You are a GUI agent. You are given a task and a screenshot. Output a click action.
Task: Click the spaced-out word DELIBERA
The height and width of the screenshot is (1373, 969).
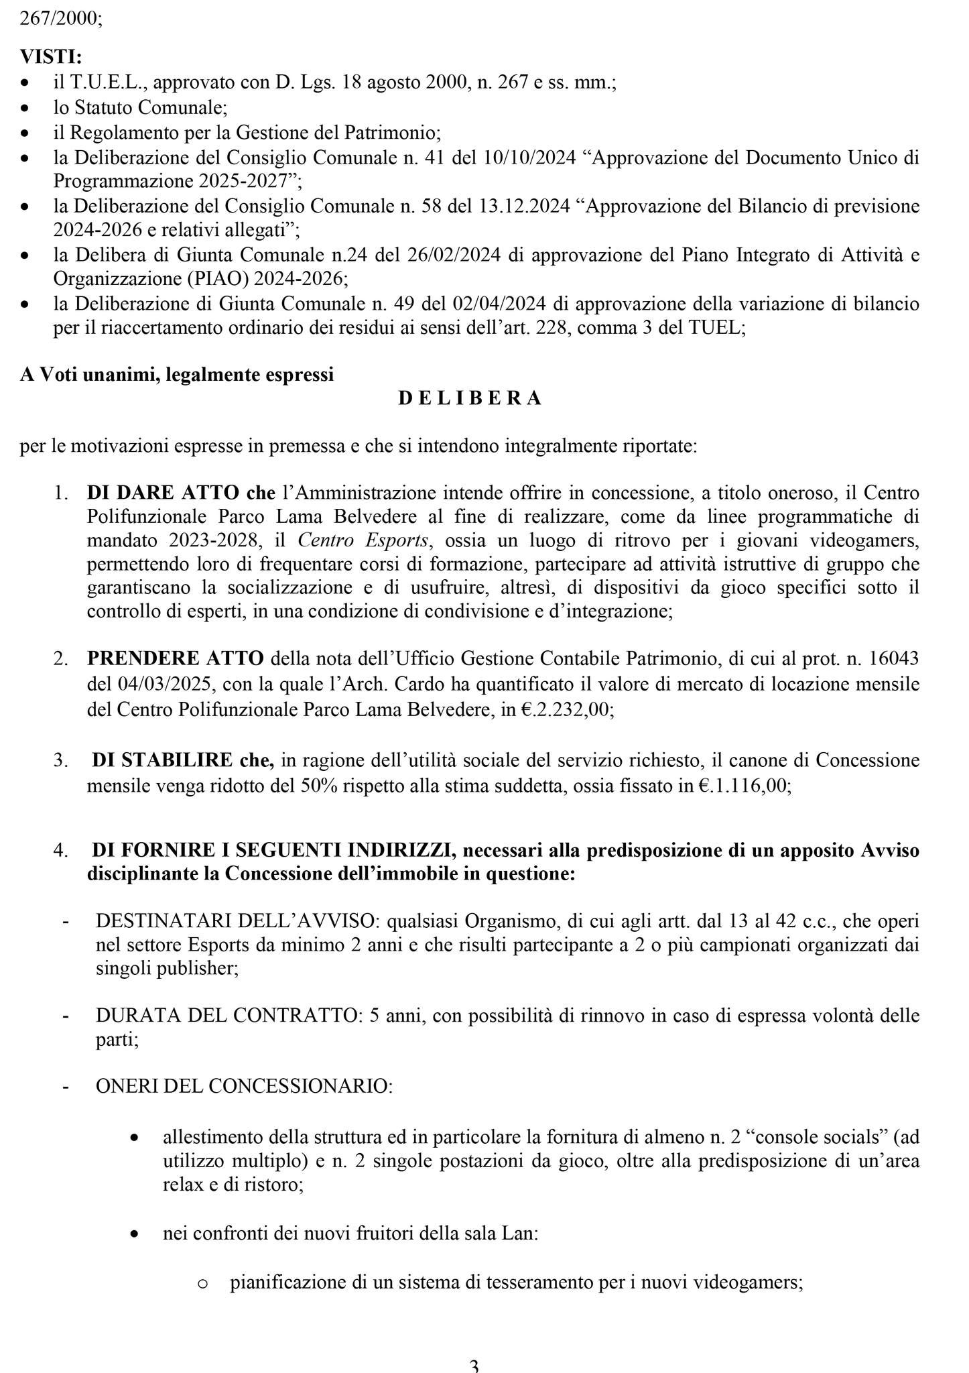(470, 398)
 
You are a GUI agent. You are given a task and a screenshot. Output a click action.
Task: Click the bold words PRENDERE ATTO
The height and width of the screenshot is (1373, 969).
(176, 658)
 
